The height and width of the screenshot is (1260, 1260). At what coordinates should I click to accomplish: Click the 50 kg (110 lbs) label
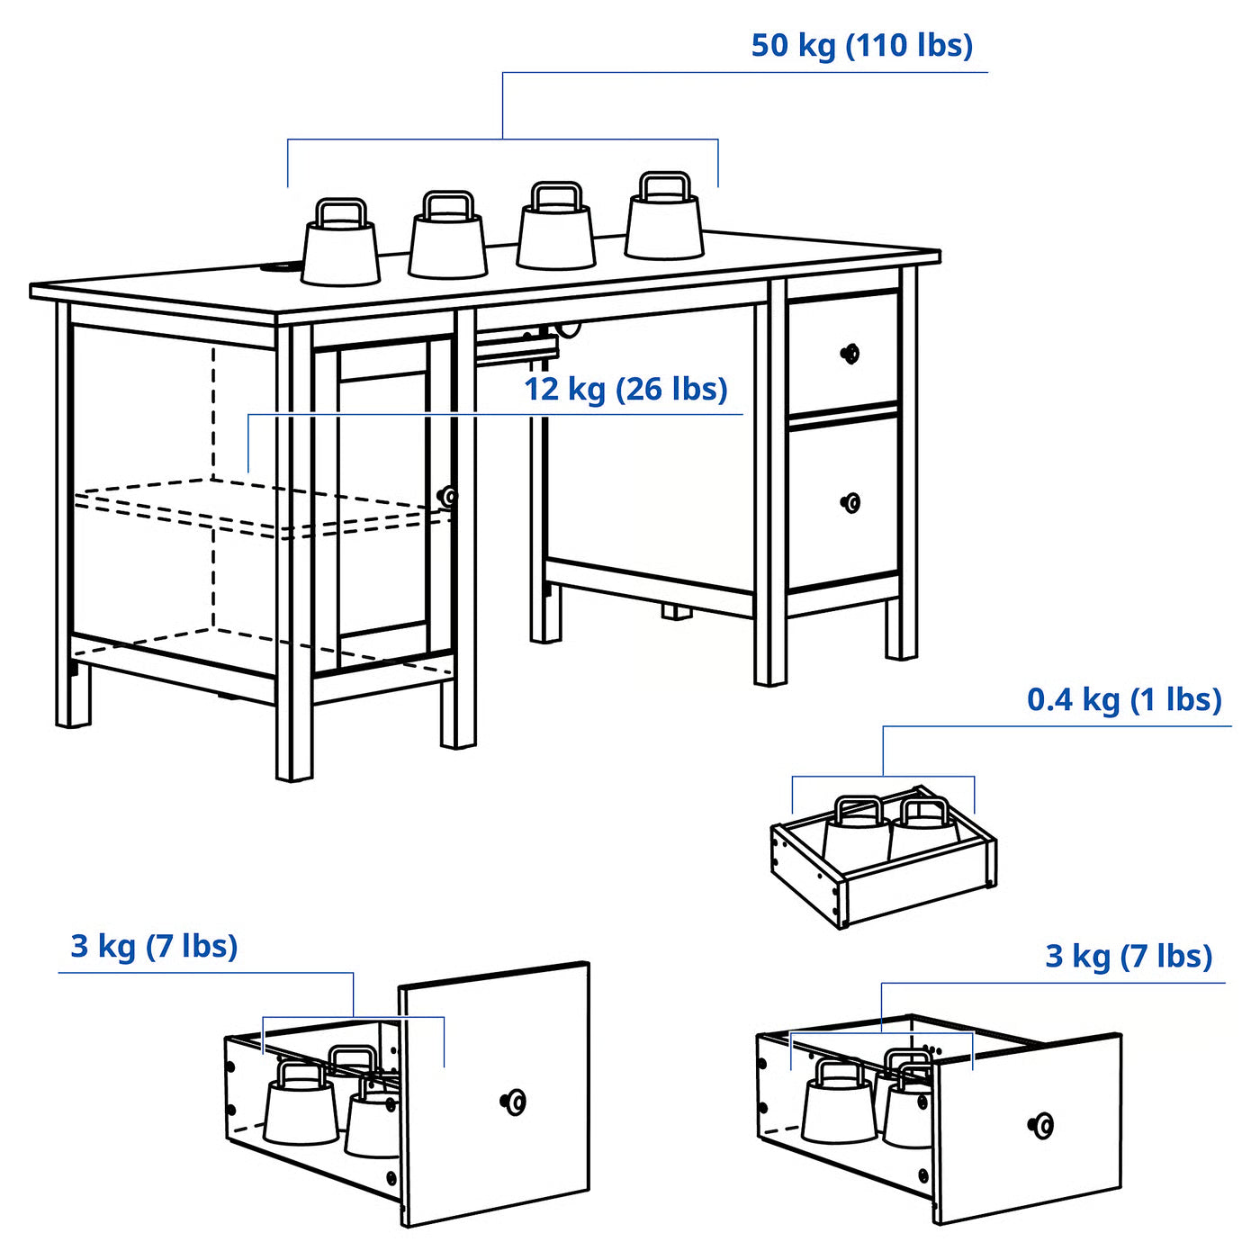click(x=861, y=45)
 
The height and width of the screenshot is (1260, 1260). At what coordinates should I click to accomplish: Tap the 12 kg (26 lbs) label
click(x=625, y=389)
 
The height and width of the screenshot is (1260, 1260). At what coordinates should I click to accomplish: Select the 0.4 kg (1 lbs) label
click(x=1124, y=699)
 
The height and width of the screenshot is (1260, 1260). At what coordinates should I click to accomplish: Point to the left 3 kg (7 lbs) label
click(x=154, y=946)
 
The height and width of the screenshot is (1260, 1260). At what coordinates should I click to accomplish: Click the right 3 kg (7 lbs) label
click(x=1129, y=956)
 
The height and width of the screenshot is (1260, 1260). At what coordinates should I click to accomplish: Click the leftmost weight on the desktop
click(x=340, y=250)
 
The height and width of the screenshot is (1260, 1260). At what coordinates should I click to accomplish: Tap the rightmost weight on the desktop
click(x=664, y=223)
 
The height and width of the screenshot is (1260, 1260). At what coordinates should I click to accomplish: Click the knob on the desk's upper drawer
click(x=850, y=354)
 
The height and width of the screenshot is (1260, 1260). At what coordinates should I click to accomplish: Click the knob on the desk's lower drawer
click(x=850, y=502)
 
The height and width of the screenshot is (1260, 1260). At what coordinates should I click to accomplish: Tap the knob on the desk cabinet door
click(x=447, y=496)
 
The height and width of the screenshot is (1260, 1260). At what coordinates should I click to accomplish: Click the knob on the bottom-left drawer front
click(x=514, y=1102)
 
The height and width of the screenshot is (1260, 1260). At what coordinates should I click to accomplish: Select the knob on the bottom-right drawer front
click(x=1041, y=1124)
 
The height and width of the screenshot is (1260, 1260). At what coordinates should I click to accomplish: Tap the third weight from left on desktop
click(x=556, y=232)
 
